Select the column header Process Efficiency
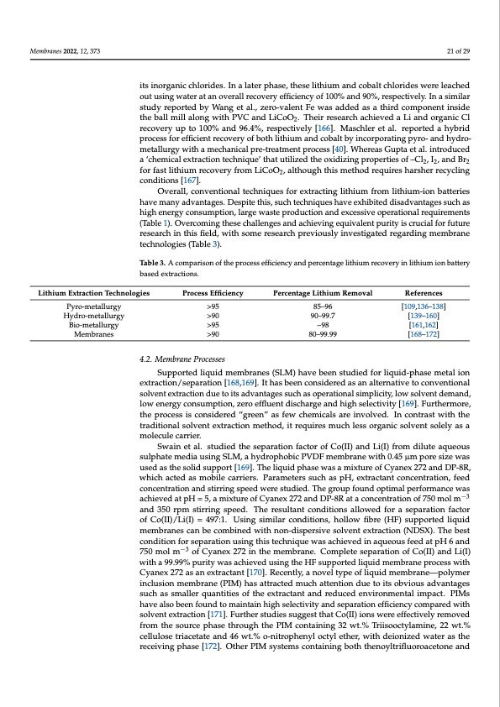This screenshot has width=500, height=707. point(213,292)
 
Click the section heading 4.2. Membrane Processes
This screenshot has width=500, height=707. point(181,359)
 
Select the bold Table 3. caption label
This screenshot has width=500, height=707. point(154,264)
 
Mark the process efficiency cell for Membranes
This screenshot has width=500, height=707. point(213,333)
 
